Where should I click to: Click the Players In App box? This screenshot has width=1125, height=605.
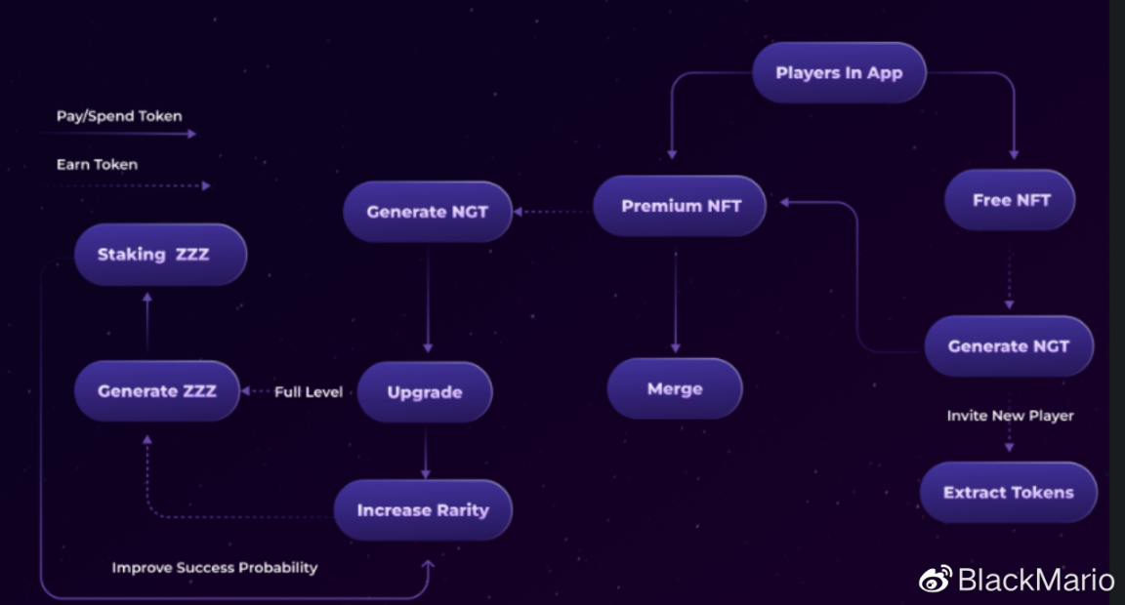(x=839, y=73)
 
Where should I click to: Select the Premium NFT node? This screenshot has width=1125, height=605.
(x=681, y=206)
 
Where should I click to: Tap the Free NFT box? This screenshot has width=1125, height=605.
(x=1011, y=200)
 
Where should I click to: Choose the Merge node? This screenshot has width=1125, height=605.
(x=675, y=388)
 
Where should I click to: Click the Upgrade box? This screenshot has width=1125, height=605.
(x=425, y=392)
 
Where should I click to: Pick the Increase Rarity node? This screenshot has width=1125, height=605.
(x=423, y=509)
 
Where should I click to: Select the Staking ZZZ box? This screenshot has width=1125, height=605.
(x=160, y=255)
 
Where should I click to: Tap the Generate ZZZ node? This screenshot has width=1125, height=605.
(x=156, y=391)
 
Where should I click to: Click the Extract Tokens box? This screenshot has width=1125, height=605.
(x=1008, y=493)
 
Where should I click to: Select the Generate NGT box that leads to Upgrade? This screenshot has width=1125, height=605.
(x=427, y=211)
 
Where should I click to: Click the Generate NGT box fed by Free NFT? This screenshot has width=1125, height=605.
(x=1008, y=346)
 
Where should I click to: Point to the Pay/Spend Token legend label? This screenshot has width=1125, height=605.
(x=119, y=116)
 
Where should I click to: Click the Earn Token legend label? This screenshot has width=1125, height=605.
(x=97, y=165)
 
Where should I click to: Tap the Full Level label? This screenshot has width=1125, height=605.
(x=309, y=392)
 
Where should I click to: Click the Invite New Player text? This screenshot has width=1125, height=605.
(x=1010, y=416)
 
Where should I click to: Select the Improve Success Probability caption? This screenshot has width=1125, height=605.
(x=214, y=567)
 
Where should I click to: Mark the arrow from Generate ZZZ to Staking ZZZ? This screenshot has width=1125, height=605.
(x=146, y=322)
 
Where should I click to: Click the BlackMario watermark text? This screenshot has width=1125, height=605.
(x=1035, y=581)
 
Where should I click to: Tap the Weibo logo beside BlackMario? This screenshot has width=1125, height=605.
(x=935, y=581)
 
